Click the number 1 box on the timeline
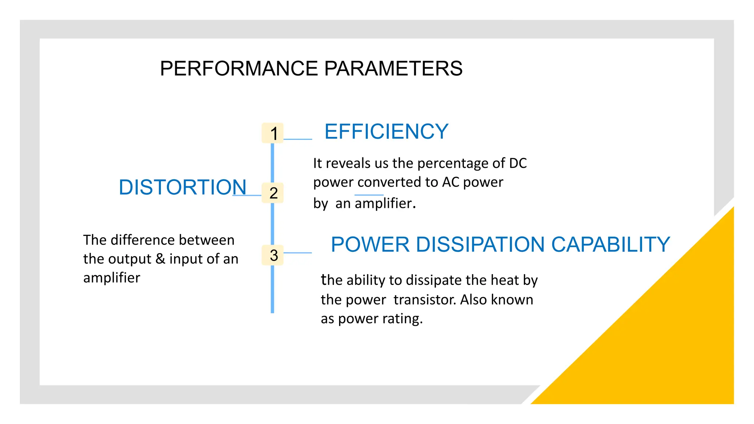click(x=272, y=133)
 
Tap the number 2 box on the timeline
click(x=272, y=193)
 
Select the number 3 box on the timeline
click(x=272, y=255)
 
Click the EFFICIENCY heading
click(x=386, y=131)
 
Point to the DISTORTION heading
click(x=183, y=187)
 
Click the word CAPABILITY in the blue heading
click(x=610, y=244)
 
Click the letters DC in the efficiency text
click(x=518, y=163)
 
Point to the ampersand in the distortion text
click(x=160, y=259)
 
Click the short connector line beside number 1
click(x=297, y=139)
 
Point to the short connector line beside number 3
click(x=297, y=253)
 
